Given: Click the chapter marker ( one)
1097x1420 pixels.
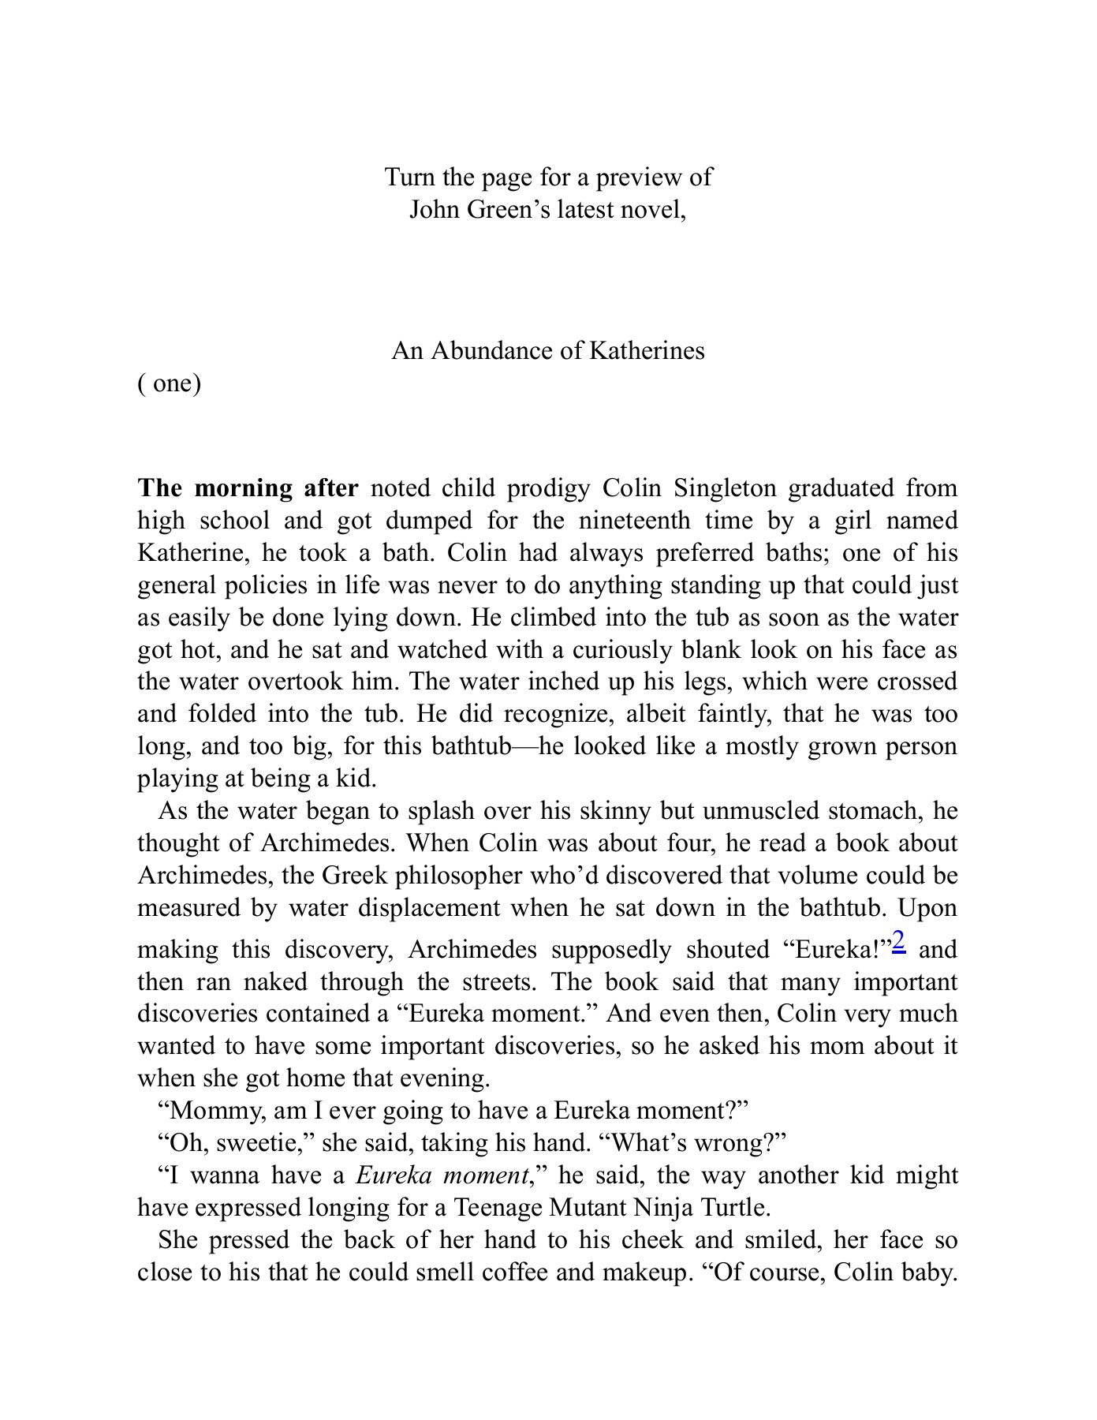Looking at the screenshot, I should click(x=170, y=383).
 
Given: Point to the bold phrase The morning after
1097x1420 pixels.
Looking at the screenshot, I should click(x=248, y=488).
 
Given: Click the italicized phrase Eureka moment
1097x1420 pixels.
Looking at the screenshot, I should click(x=442, y=1175).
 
